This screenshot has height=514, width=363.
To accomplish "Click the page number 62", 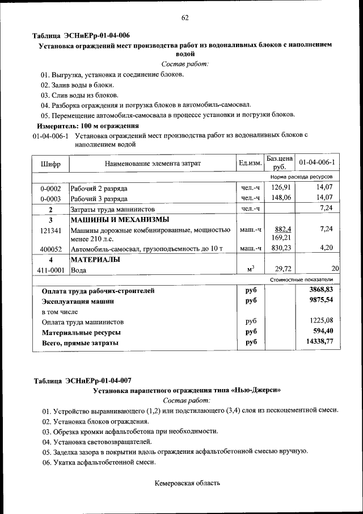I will tap(185, 18).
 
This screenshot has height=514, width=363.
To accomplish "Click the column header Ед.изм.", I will tap(250, 164).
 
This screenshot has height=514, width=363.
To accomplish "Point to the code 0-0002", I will tap(50, 188).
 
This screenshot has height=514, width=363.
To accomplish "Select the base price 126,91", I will tap(280, 187).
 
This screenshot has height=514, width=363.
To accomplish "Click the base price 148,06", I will tap(280, 198).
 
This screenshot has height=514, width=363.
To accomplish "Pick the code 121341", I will tap(50, 231).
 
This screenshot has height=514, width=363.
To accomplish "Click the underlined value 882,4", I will tap(282, 229).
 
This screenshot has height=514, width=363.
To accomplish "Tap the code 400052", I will tap(50, 249).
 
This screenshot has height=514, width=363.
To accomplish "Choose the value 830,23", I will tap(280, 248).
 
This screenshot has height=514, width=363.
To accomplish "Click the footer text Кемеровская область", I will tap(187, 483).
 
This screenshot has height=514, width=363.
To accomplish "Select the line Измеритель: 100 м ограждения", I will tap(88, 126).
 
